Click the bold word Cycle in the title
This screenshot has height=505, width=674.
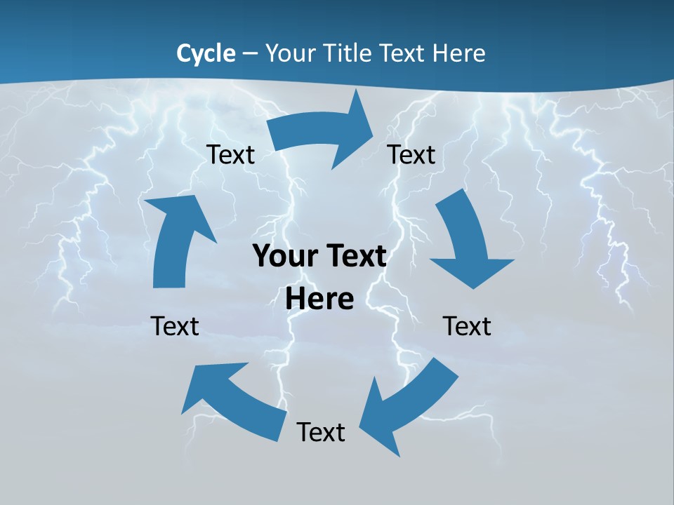point(206,53)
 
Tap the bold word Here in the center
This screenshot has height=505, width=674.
point(319,299)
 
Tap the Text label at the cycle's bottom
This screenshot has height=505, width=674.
point(321,432)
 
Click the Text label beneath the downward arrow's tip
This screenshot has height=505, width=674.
point(467,326)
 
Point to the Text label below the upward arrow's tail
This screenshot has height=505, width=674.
point(175,326)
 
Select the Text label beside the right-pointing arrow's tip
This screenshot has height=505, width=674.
point(411,154)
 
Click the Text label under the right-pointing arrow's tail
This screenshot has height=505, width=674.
point(230,154)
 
